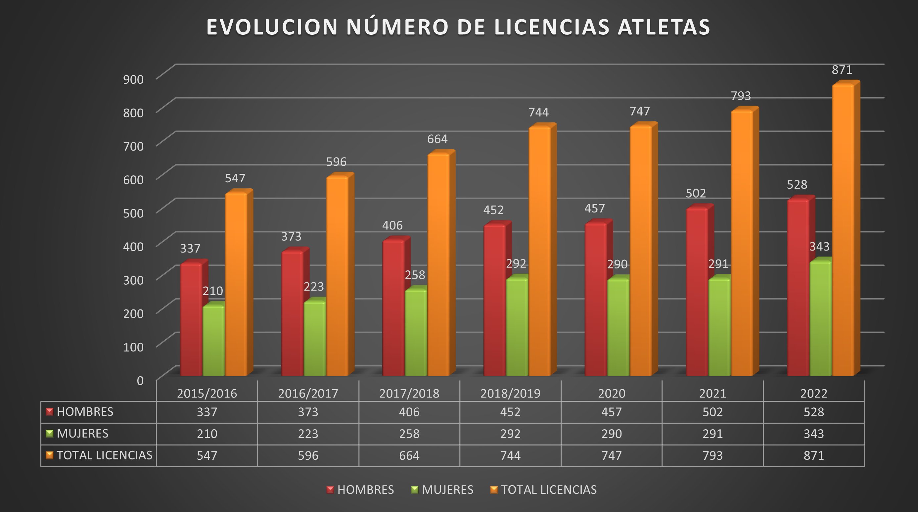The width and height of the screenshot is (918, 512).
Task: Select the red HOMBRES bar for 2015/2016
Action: [191, 321]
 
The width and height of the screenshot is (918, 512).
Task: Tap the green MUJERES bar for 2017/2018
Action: [416, 333]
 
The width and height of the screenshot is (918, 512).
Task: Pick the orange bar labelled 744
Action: [539, 250]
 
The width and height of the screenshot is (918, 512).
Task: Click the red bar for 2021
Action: [697, 292]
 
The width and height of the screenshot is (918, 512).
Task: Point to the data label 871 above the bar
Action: [842, 70]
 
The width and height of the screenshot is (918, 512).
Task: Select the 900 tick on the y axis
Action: [133, 79]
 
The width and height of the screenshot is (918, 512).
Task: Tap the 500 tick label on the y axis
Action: [133, 213]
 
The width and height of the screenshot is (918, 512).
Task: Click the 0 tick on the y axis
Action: [140, 381]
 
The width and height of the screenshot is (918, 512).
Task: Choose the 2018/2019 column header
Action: [510, 394]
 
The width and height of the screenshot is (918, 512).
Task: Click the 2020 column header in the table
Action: [612, 394]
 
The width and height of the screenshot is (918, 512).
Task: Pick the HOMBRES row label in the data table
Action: [85, 412]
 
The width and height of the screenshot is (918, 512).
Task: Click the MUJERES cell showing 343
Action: [813, 434]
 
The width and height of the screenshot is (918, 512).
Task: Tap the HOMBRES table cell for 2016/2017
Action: [308, 412]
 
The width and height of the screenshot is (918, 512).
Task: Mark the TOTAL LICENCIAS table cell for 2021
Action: [712, 455]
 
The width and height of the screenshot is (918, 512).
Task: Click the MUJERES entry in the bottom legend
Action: [447, 489]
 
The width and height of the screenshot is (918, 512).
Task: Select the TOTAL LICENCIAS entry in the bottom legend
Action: [548, 489]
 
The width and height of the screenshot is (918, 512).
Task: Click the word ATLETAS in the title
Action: [664, 27]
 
